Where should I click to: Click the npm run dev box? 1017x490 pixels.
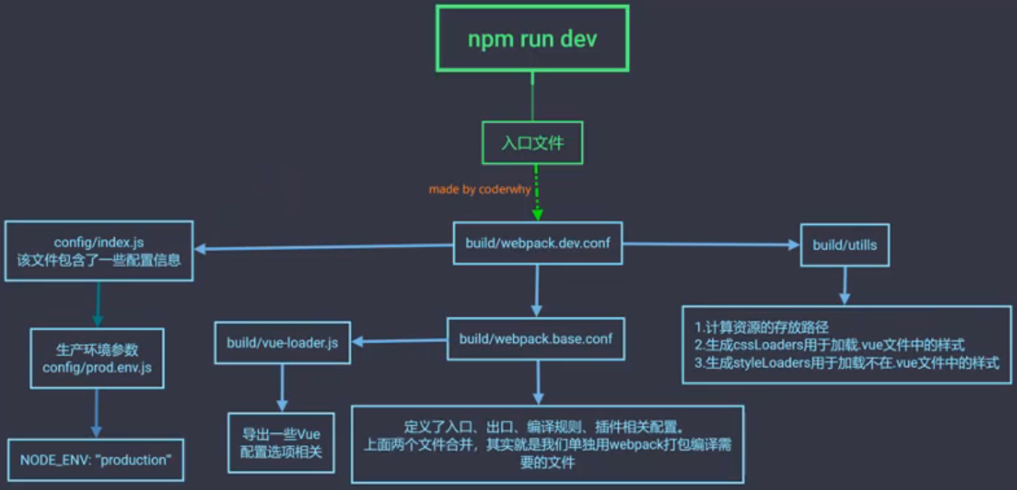pos(532,40)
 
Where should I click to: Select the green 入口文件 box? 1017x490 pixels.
pos(532,142)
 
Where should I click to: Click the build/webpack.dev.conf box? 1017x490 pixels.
pos(538,244)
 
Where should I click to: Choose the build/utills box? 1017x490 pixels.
pos(844,245)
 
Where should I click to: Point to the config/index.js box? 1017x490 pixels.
pos(98,251)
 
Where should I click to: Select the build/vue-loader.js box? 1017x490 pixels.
pos(282,343)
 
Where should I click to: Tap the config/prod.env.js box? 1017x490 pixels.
pos(97,359)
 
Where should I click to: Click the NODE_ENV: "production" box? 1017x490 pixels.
pos(97,460)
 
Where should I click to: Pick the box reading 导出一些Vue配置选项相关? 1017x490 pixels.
pos(281,443)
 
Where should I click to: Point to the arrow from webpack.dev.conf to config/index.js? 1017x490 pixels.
pos(323,248)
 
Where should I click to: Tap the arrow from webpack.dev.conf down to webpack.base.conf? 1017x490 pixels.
pos(537,290)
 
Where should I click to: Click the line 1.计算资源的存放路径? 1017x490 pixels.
pos(761,327)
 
